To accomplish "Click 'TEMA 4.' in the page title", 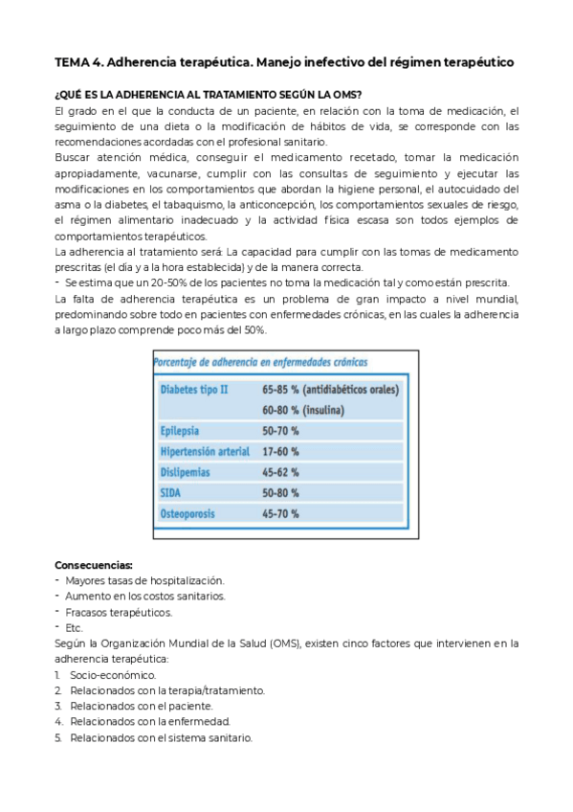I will (x=78, y=62).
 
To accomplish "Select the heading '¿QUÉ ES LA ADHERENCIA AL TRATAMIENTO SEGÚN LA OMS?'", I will (x=208, y=94).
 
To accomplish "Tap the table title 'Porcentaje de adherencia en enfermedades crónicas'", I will (x=259, y=362).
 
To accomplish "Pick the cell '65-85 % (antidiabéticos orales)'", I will (x=330, y=390).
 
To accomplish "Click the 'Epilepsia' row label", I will (x=181, y=431).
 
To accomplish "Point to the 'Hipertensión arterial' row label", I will (x=205, y=451).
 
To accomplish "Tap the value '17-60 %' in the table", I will (x=280, y=451).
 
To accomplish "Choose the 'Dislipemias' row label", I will (x=186, y=472).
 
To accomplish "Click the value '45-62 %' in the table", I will (x=280, y=472).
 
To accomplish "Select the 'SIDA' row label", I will (x=171, y=492).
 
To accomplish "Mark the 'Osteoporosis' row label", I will (x=187, y=513).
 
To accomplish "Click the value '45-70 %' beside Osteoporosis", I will (x=280, y=513).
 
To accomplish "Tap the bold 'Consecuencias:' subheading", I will (x=94, y=564).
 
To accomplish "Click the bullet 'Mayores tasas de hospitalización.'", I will (x=144, y=580).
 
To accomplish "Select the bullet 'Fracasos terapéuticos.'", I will (x=119, y=612).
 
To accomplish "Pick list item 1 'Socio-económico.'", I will (x=112, y=674).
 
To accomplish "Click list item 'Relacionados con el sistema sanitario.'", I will (x=161, y=737).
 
